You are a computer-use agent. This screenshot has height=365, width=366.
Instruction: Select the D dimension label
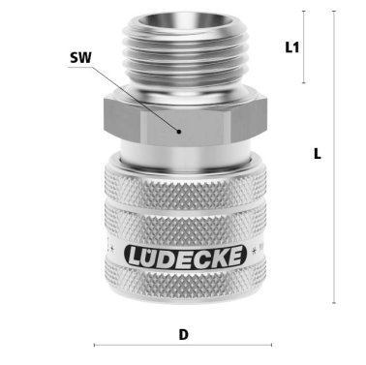[x=183, y=335]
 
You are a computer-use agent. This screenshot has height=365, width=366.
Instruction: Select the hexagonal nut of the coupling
[x=183, y=121]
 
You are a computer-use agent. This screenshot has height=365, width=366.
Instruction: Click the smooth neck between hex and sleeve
[x=183, y=154]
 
